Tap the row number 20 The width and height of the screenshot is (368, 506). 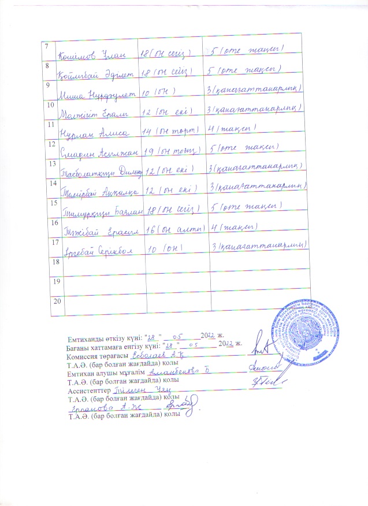57,301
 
